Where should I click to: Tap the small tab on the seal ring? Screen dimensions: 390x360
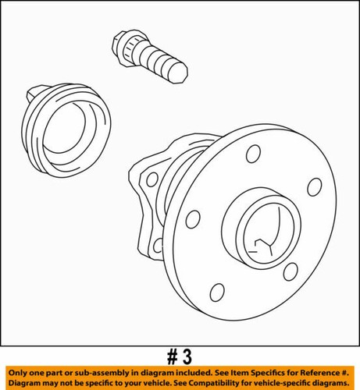pyautogui.click(x=32, y=94)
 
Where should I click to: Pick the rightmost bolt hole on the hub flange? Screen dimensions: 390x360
pyautogui.click(x=315, y=187)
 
